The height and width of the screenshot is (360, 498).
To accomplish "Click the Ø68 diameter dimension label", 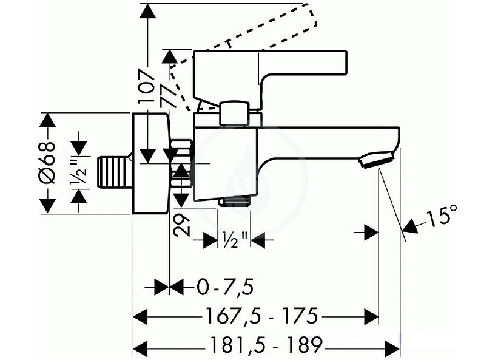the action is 47,163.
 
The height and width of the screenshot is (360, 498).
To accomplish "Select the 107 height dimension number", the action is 147,86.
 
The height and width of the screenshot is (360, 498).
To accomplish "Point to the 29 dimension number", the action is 181,225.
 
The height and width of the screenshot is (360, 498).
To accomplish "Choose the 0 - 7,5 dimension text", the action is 225,287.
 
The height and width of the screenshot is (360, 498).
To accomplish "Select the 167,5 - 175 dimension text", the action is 262,316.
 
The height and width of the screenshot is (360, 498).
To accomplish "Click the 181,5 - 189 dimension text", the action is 266,344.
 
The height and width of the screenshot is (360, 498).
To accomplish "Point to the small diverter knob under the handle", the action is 234,114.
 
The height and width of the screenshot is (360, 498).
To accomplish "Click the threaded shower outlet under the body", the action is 235,202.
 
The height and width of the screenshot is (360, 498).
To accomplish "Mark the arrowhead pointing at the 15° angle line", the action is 409,225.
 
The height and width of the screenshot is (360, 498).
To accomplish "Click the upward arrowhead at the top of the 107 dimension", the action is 147,11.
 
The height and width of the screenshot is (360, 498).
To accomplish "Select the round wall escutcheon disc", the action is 150,163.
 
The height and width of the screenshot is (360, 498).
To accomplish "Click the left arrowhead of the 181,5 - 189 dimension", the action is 141,345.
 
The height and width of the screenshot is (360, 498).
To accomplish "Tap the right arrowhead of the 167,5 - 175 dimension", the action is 371,316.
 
